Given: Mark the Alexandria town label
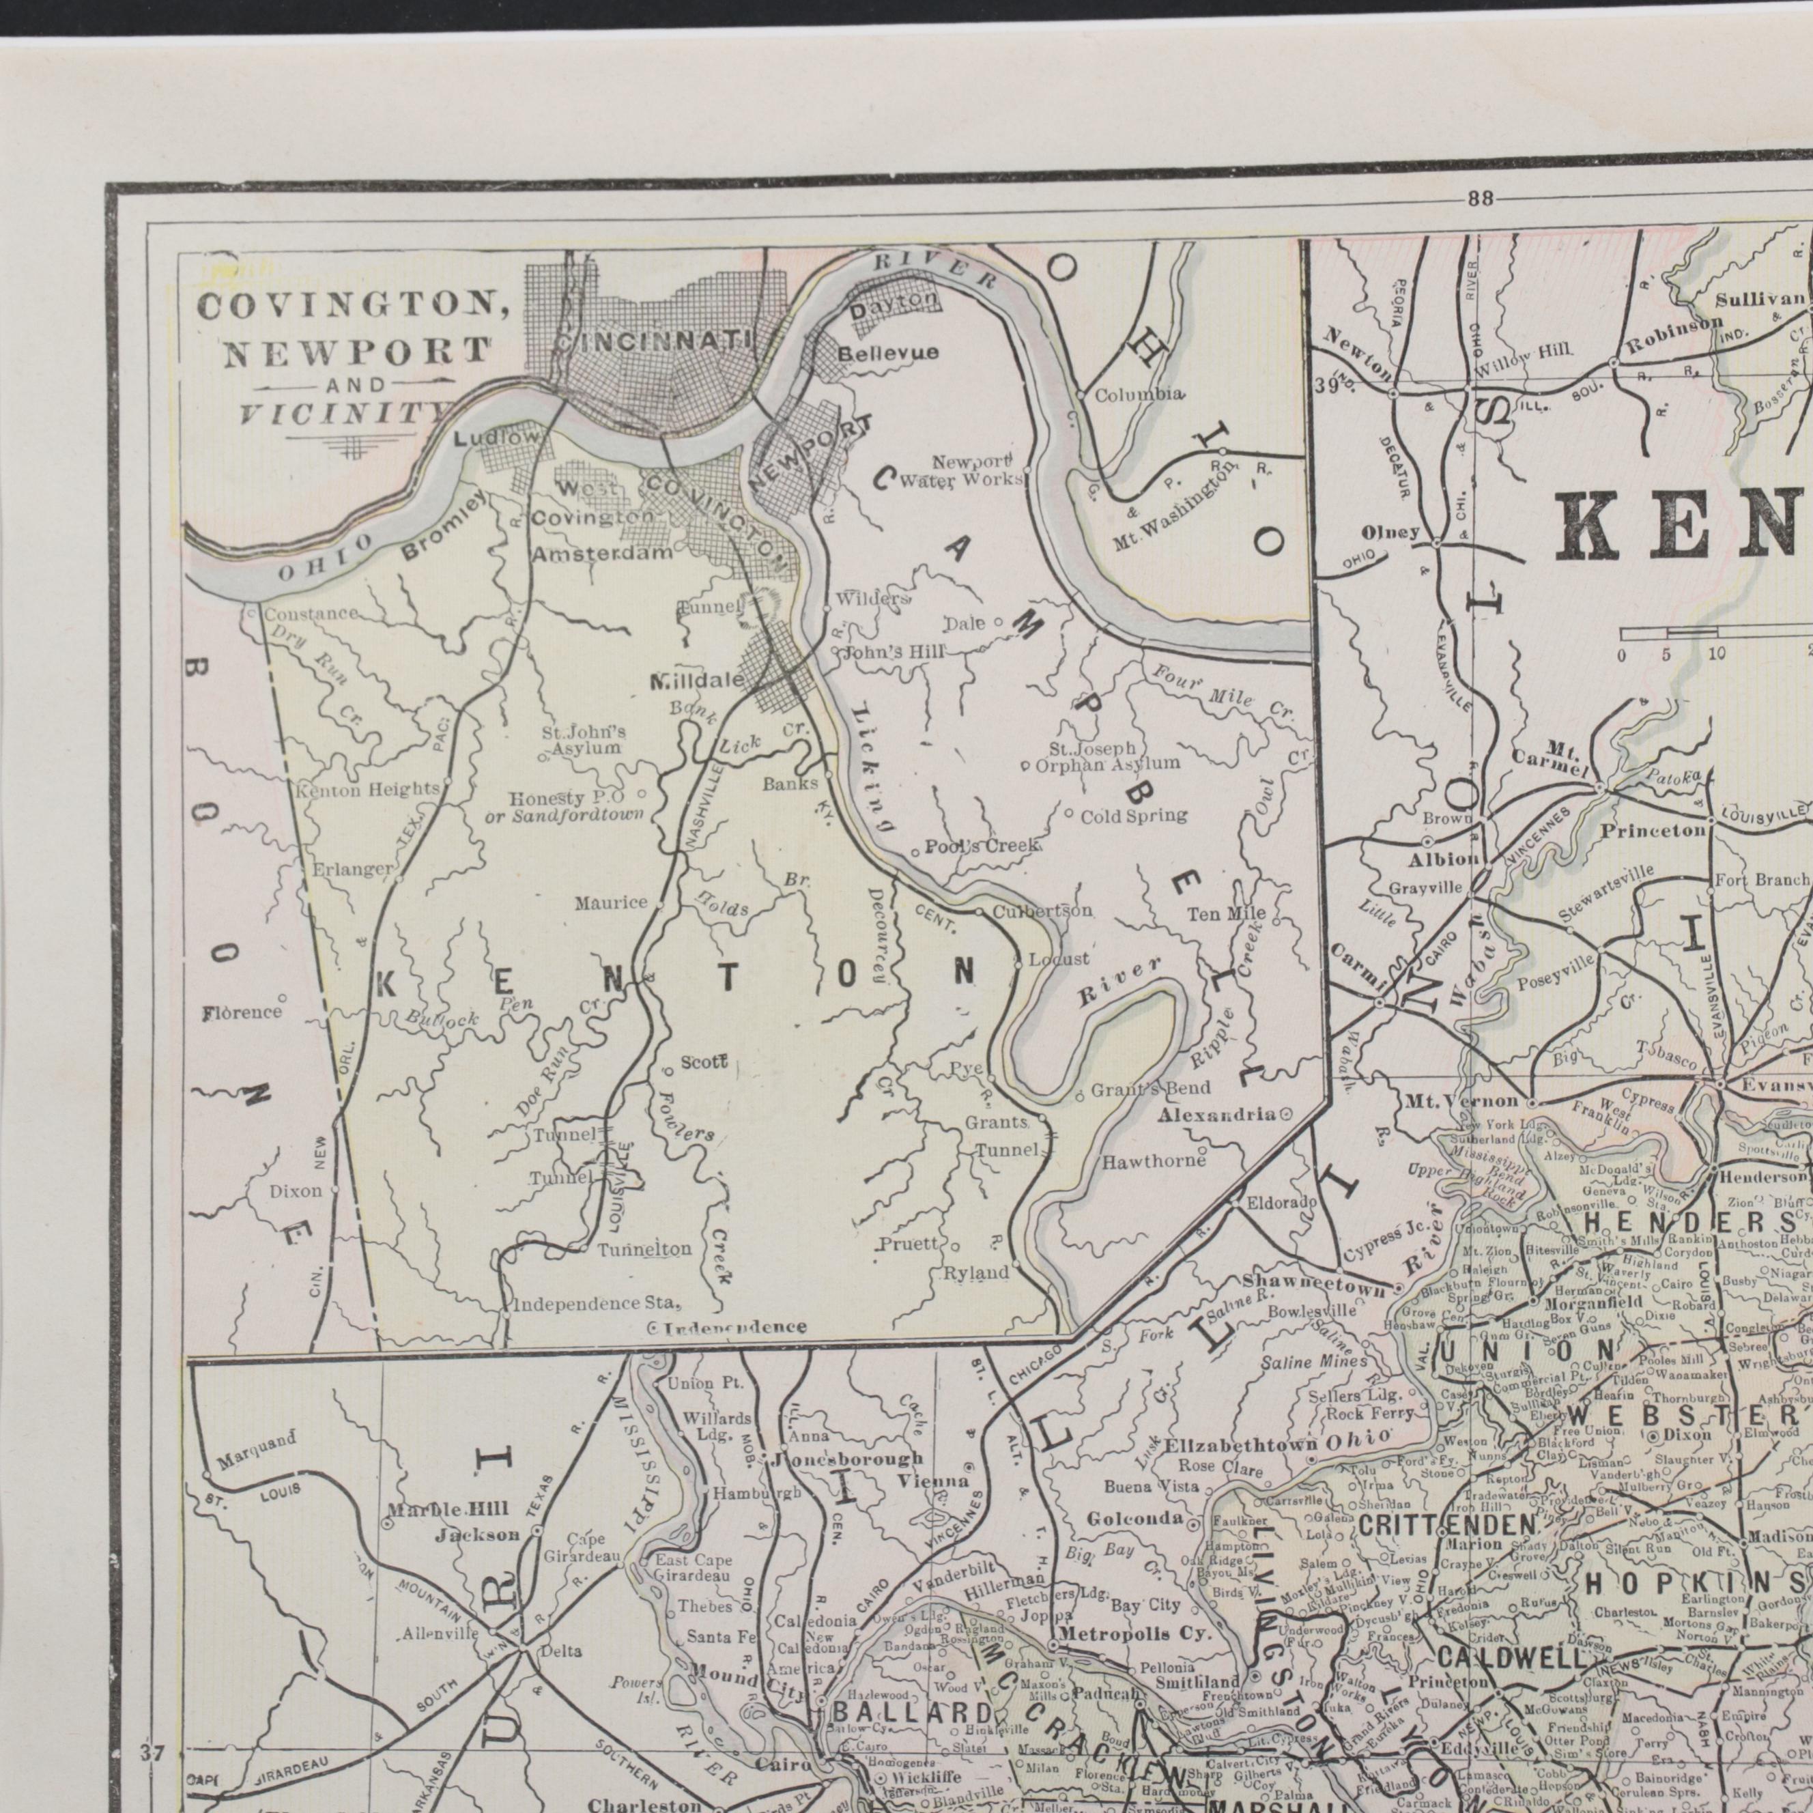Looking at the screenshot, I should pos(1217,1114).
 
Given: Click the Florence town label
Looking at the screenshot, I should pos(241,1012).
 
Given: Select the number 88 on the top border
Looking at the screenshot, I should pos(1481,198).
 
